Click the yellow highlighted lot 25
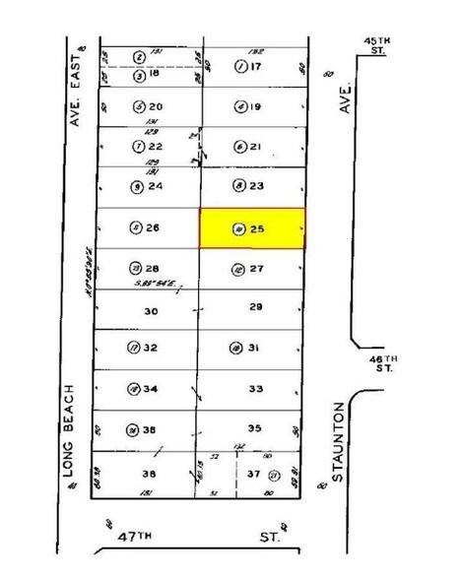pyautogui.click(x=252, y=228)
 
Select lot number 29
pyautogui.click(x=257, y=308)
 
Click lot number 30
pyautogui.click(x=151, y=310)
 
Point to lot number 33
pyautogui.click(x=256, y=389)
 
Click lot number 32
pyautogui.click(x=154, y=347)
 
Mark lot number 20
pyautogui.click(x=155, y=106)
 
